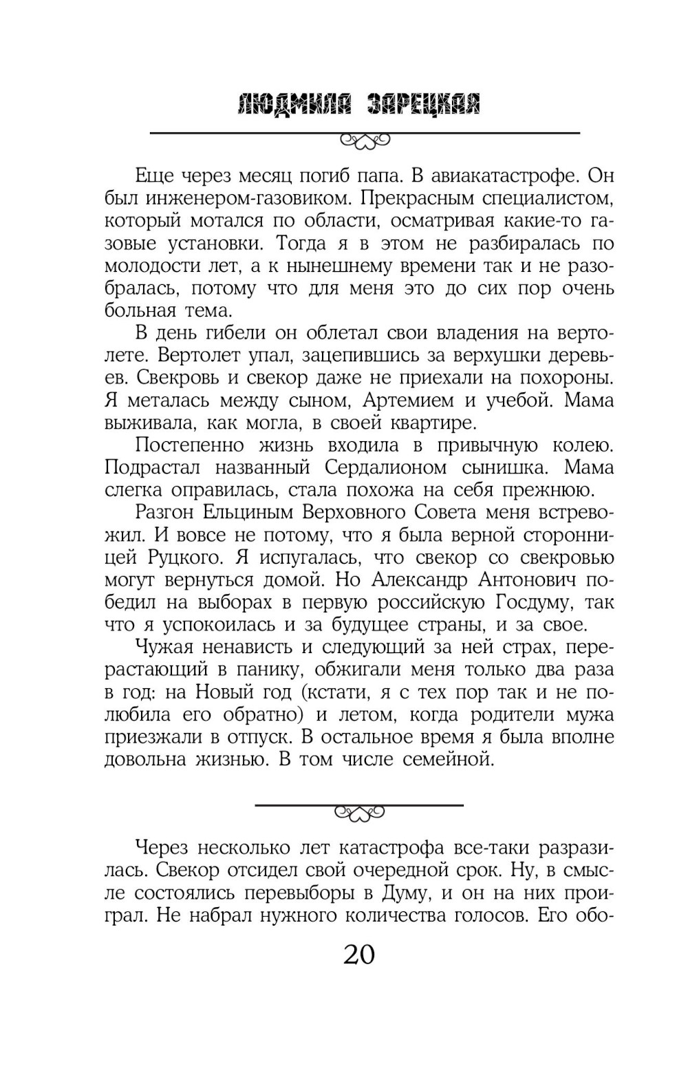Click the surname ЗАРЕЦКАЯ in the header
(x=422, y=104)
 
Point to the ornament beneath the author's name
(x=365, y=141)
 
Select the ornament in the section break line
(x=359, y=813)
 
